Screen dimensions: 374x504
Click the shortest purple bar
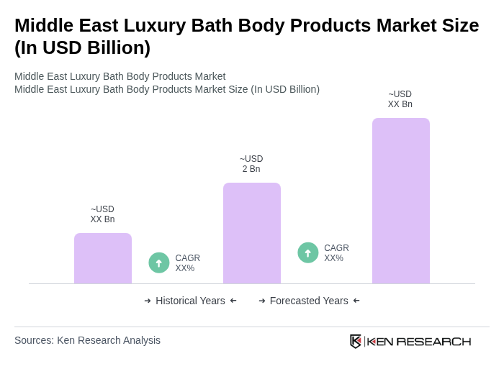[x=103, y=258]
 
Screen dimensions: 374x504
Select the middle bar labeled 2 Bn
[x=251, y=233]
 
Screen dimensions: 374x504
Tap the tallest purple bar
[x=400, y=201]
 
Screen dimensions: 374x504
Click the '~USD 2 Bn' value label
[x=251, y=164]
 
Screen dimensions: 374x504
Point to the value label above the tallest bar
[x=400, y=99]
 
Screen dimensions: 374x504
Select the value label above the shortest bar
[x=102, y=214]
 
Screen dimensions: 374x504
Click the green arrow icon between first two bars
[x=159, y=263]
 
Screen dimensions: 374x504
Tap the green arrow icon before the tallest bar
[x=308, y=252]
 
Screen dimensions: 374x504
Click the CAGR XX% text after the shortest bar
[x=187, y=263]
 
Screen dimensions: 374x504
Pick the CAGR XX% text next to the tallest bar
[x=336, y=253]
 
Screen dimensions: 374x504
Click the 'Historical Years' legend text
[x=190, y=301]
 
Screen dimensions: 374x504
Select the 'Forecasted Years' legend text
[x=309, y=301]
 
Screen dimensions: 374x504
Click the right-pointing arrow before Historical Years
[x=148, y=301]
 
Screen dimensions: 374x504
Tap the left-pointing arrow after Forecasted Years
[x=356, y=301]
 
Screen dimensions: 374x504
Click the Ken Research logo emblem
[x=356, y=341]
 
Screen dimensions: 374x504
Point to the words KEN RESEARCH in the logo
[x=419, y=341]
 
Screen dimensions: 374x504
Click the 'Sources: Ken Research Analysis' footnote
[x=87, y=340]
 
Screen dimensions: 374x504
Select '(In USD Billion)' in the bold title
[x=82, y=47]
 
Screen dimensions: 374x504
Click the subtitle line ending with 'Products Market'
[x=120, y=76]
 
